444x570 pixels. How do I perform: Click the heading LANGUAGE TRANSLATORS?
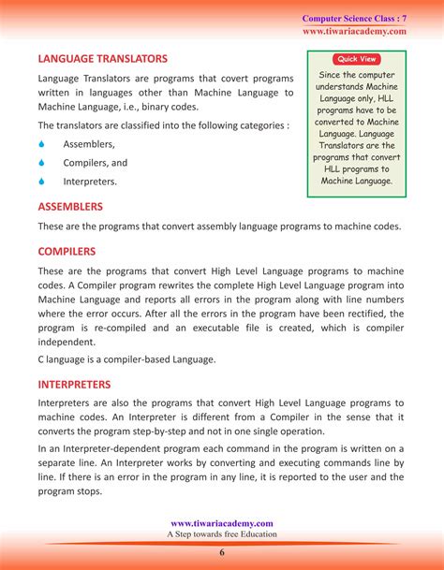102,59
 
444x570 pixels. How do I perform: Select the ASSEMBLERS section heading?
70,206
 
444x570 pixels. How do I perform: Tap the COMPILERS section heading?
67,251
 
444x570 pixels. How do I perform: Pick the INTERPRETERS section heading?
74,384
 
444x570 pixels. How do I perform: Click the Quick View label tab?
356,58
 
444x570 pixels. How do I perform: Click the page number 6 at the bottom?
222,552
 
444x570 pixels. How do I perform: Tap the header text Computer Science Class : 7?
353,19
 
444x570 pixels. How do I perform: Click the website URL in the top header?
354,31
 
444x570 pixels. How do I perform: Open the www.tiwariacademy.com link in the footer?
222,523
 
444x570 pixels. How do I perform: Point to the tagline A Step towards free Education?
222,534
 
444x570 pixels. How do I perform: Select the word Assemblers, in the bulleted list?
89,144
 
